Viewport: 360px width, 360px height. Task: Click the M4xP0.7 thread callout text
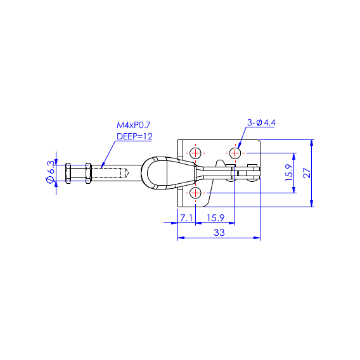[133, 125]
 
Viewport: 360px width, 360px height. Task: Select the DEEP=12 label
[134, 136]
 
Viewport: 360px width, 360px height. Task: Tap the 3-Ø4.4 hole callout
[261, 122]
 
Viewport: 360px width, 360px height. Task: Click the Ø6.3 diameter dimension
[51, 172]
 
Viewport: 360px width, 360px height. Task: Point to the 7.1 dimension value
[186, 217]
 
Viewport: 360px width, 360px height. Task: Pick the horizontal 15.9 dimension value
[215, 217]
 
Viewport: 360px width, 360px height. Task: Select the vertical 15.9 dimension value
[289, 172]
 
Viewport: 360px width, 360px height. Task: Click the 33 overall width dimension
[219, 233]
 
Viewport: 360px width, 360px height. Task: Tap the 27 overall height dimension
[307, 173]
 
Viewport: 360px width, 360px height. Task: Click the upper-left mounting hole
[195, 153]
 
